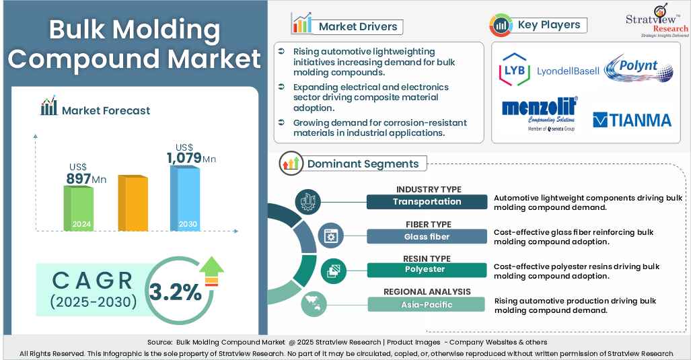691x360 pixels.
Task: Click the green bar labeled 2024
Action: tap(78, 209)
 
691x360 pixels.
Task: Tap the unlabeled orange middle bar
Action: tap(133, 204)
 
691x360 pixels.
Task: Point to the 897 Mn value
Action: tap(85, 178)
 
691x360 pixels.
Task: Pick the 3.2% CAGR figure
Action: tap(175, 292)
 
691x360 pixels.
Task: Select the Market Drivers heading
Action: tap(357, 27)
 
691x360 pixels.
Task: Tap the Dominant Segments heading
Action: tap(363, 164)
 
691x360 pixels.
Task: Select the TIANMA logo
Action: tap(632, 120)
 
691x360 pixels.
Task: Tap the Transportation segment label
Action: tap(427, 201)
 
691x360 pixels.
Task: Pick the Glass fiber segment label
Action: tap(427, 236)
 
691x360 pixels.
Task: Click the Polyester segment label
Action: tap(427, 270)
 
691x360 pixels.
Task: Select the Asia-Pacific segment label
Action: tap(427, 304)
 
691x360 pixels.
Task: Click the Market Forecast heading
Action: tap(106, 110)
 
